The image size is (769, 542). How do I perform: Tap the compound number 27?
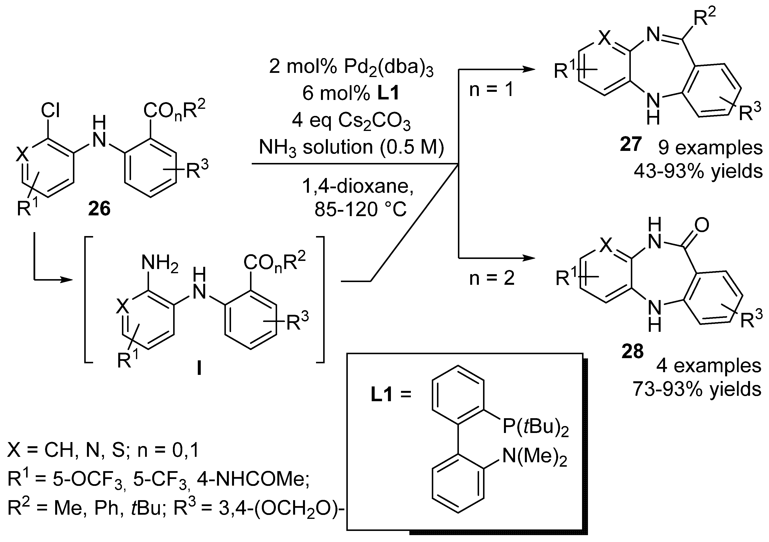631,144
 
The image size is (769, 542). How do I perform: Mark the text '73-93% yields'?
697,389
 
